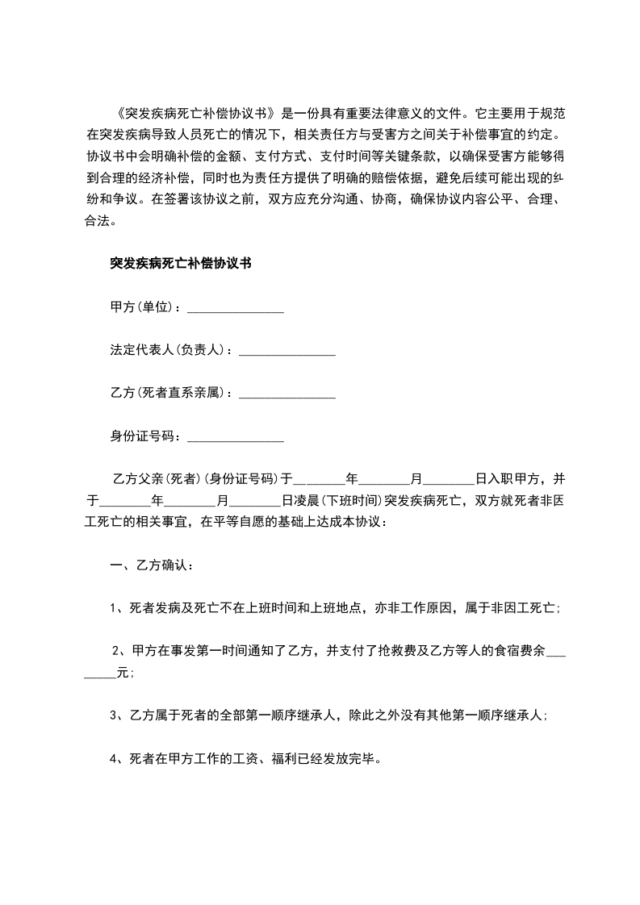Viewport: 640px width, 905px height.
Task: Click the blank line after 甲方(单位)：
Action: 235,309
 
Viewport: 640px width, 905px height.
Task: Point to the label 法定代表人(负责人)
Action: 169,351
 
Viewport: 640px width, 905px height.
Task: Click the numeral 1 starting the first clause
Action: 114,610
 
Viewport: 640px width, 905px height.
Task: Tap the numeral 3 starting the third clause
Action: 114,715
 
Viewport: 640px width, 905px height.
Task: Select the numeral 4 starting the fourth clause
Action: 114,759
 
